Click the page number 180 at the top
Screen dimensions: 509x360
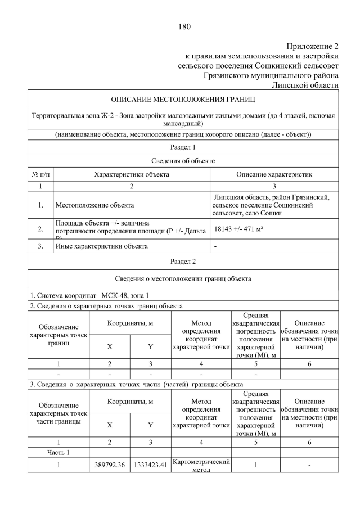(183, 26)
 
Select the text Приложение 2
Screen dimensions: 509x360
(312, 46)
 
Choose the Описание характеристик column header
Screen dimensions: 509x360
(274, 174)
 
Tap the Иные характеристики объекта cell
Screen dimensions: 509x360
(101, 246)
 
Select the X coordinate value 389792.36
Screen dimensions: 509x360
(109, 466)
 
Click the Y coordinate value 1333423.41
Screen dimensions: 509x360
(150, 466)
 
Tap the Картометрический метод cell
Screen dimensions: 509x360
(201, 466)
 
